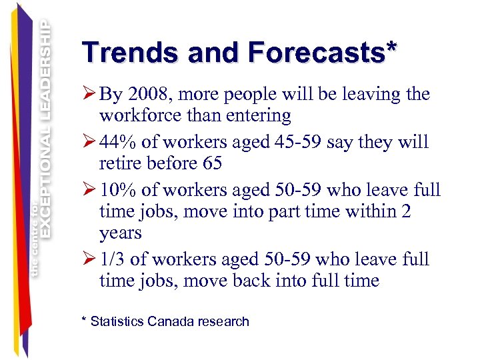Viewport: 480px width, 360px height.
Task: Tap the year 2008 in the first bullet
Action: [153, 94]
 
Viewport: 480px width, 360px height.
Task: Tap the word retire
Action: [121, 163]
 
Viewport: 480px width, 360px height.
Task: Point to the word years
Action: [121, 233]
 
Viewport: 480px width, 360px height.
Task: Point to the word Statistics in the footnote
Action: [117, 321]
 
